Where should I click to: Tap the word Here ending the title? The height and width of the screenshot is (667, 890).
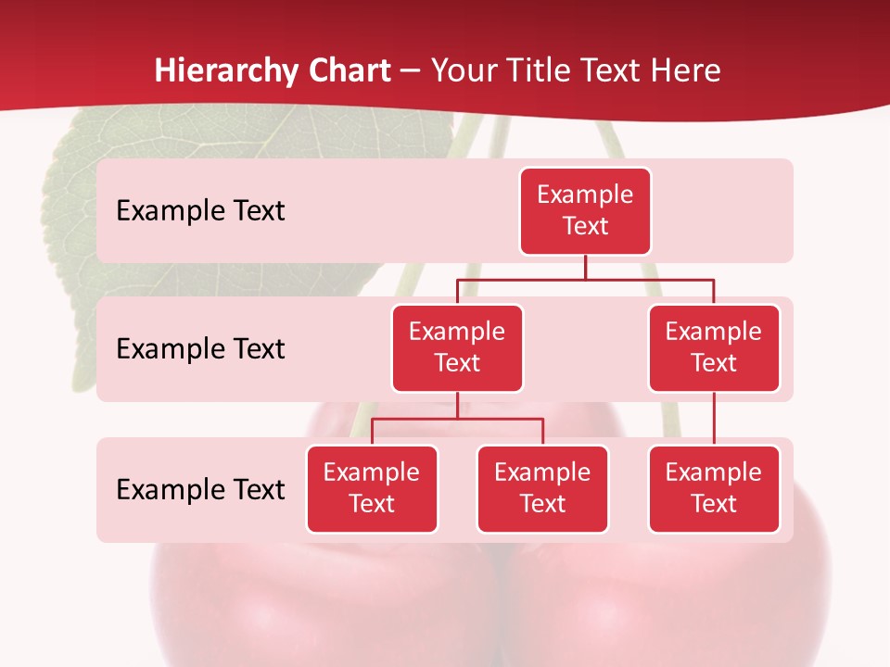coord(685,70)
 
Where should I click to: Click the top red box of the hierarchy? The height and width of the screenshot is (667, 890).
coord(585,210)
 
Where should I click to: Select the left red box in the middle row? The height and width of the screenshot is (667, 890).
coord(457,347)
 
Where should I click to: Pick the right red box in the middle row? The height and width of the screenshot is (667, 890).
coord(714,347)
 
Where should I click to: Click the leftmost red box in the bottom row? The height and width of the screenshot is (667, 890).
coord(372,488)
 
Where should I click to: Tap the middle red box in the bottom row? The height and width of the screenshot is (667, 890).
coord(542,488)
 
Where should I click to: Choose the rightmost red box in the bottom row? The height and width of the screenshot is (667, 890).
coord(714,488)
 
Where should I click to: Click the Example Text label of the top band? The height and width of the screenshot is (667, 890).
coord(200,210)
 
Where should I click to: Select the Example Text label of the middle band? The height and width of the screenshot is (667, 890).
coord(200,348)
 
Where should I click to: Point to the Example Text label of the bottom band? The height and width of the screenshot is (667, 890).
coord(200,489)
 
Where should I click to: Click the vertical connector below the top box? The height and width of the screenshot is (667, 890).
coord(585,267)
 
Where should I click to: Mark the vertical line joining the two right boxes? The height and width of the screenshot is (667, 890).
coord(714,419)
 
